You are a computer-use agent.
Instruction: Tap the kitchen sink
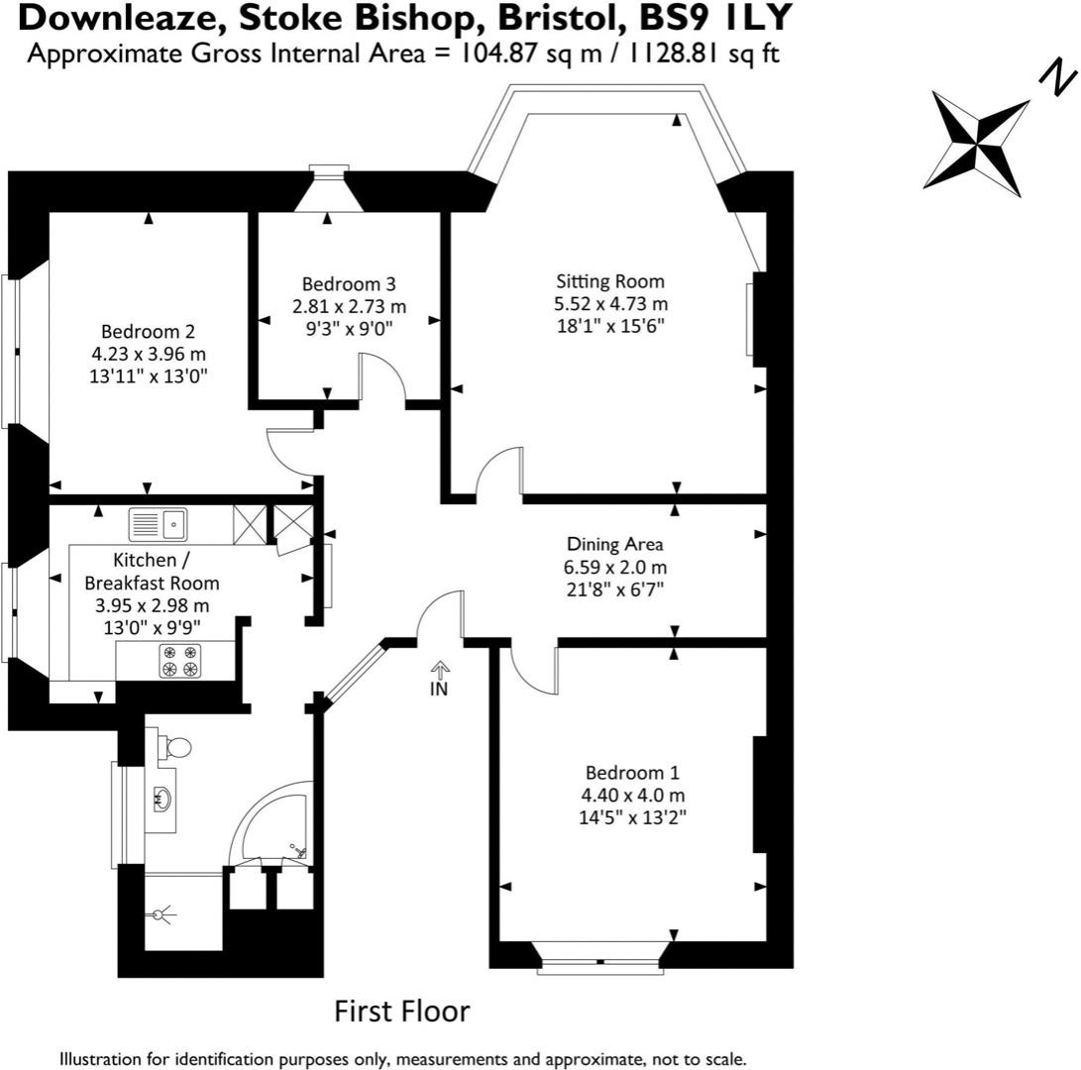(x=159, y=522)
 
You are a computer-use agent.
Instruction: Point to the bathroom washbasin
(x=162, y=799)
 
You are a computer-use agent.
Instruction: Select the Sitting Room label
(x=610, y=281)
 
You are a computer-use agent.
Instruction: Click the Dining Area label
(x=614, y=544)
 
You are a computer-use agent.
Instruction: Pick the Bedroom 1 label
(x=632, y=773)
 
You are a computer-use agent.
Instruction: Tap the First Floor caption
(x=401, y=1012)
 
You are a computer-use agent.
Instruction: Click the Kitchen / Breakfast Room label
(x=152, y=572)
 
